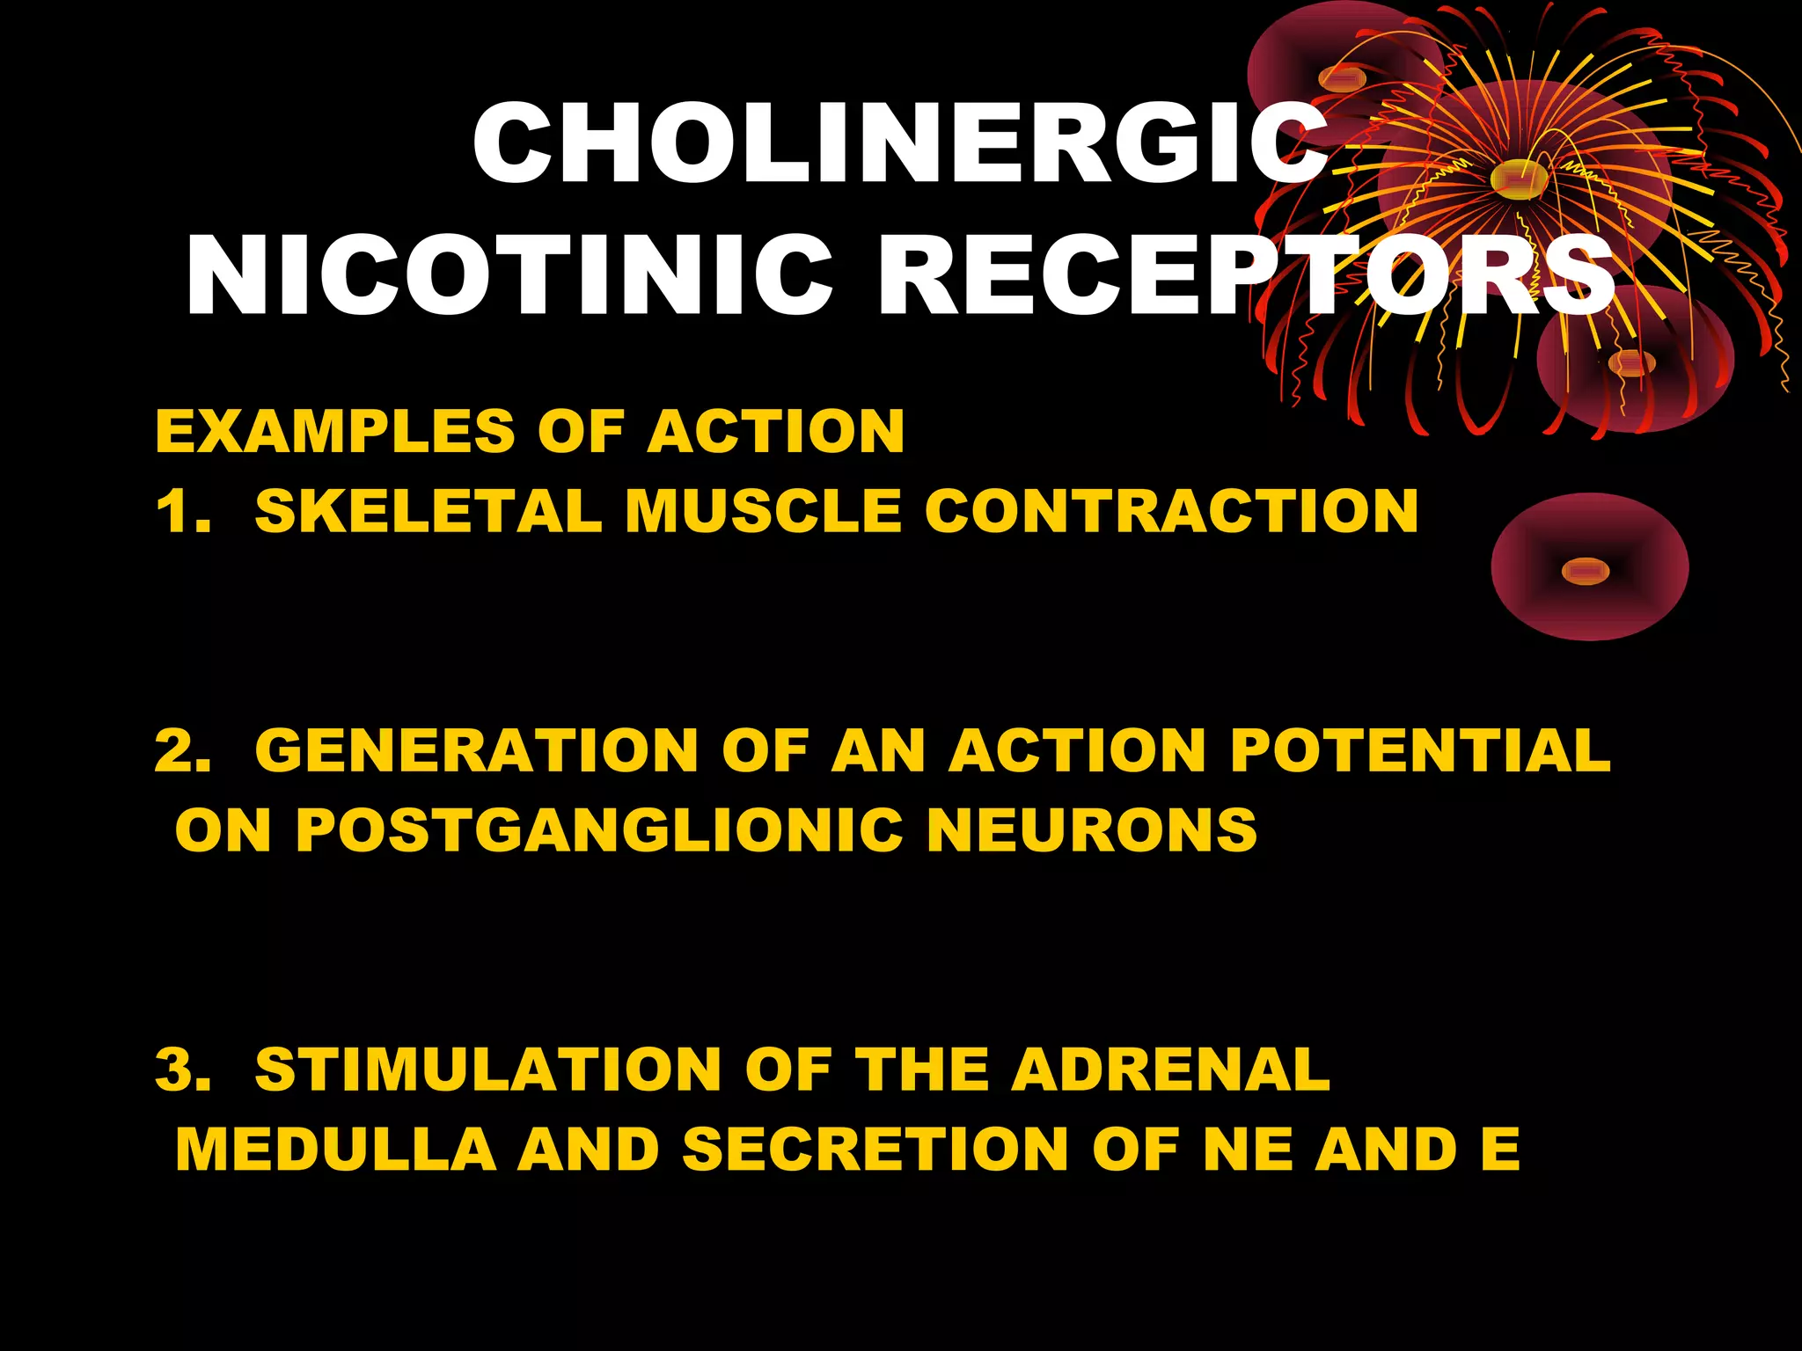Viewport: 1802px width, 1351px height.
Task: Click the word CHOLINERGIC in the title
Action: (x=899, y=142)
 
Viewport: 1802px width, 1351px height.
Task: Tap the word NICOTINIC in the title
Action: (x=509, y=276)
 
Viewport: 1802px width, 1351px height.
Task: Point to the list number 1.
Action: (x=180, y=511)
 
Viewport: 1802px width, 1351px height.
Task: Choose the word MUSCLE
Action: (x=763, y=511)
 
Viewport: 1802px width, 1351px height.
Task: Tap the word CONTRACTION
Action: (x=1171, y=511)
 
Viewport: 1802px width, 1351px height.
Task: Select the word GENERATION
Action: (x=476, y=750)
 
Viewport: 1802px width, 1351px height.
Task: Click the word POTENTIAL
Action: (x=1419, y=750)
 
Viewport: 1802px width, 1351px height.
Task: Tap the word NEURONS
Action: (x=1092, y=829)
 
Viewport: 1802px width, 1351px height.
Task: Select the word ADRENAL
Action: (x=1169, y=1070)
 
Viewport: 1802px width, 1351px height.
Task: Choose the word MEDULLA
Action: (x=335, y=1149)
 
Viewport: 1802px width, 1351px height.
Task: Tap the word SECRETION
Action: (x=875, y=1149)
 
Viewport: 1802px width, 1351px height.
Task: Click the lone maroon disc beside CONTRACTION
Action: (x=1589, y=568)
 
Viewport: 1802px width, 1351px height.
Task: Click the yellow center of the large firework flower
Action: (x=1520, y=179)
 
